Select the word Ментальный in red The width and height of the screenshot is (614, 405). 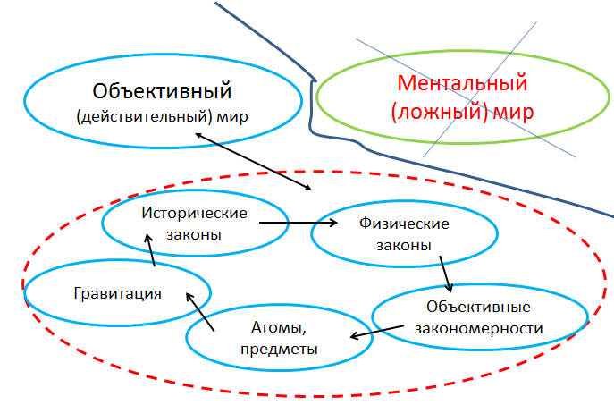(x=461, y=86)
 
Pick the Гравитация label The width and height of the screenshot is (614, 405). (x=117, y=292)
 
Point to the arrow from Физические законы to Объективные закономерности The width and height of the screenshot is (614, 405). (x=445, y=274)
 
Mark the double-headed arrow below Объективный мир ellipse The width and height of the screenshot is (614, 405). (x=254, y=162)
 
